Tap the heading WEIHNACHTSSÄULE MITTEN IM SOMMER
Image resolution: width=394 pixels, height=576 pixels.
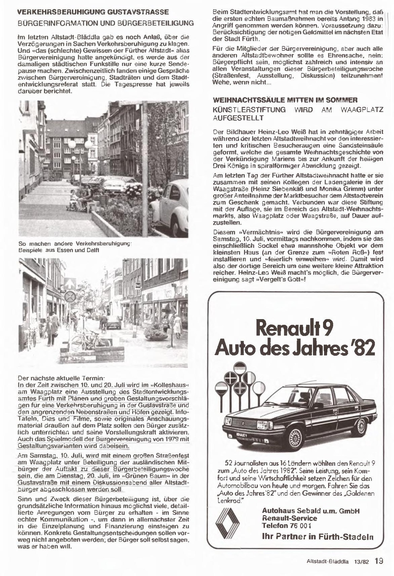click(x=285, y=100)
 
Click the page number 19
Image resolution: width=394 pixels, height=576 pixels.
click(x=379, y=561)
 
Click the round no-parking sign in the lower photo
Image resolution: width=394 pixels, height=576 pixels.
click(x=70, y=297)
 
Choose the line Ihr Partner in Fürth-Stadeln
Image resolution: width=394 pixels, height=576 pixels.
click(x=317, y=536)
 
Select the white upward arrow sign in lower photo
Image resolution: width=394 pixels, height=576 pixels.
click(x=70, y=283)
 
